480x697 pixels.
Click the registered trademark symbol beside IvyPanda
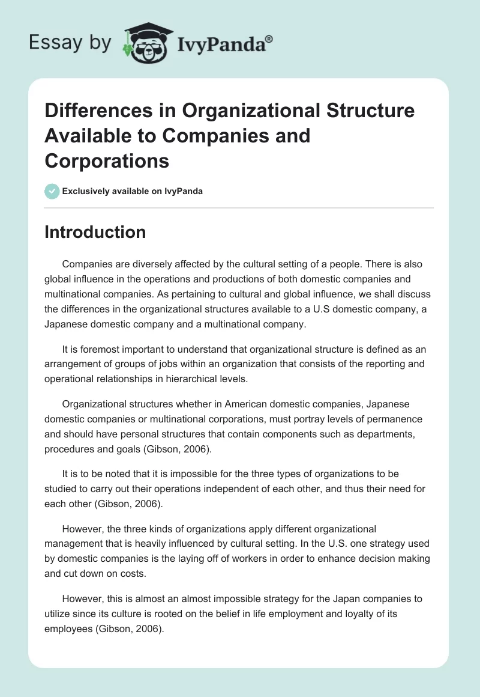point(269,38)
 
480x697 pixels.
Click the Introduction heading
point(95,232)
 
